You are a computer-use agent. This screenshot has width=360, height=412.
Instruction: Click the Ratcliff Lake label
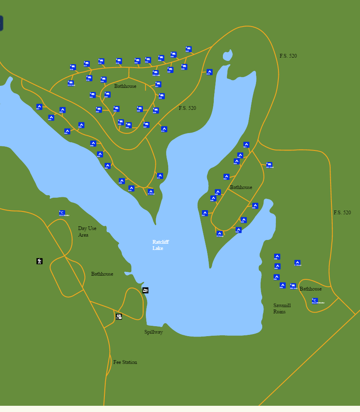coord(160,245)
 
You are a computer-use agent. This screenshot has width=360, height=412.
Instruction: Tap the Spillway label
coord(153,332)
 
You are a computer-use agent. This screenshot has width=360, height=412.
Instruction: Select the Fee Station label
coord(125,362)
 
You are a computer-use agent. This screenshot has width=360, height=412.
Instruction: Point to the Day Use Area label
coord(87,232)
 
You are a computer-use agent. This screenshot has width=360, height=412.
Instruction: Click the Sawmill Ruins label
coord(282,308)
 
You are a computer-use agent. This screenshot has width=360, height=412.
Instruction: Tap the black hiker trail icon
coord(39,261)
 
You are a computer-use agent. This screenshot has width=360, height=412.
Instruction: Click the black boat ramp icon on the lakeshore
coord(145,290)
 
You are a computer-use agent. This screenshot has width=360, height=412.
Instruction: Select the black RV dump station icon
coord(119,317)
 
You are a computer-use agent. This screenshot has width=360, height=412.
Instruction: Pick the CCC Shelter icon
coord(62,213)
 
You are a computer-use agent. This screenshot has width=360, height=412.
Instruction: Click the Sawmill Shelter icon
coord(315,301)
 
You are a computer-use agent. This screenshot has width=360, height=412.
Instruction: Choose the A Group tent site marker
coord(151,191)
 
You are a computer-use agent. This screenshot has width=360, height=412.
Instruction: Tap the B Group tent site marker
coord(220,234)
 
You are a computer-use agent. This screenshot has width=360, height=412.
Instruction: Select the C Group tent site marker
coord(297,263)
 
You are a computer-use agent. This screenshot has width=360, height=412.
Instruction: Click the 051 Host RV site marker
coord(269,165)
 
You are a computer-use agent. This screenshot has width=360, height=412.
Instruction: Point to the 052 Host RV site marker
coord(293,286)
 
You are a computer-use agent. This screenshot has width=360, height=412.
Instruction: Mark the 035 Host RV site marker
coord(155,73)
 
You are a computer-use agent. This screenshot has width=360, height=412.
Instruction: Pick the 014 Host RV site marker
coord(71,83)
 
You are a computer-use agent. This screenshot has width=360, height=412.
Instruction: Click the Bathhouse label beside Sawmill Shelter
coord(310,289)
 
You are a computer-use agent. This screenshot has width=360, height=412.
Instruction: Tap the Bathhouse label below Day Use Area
coord(102,274)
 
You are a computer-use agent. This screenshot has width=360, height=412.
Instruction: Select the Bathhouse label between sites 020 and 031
coord(125,86)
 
